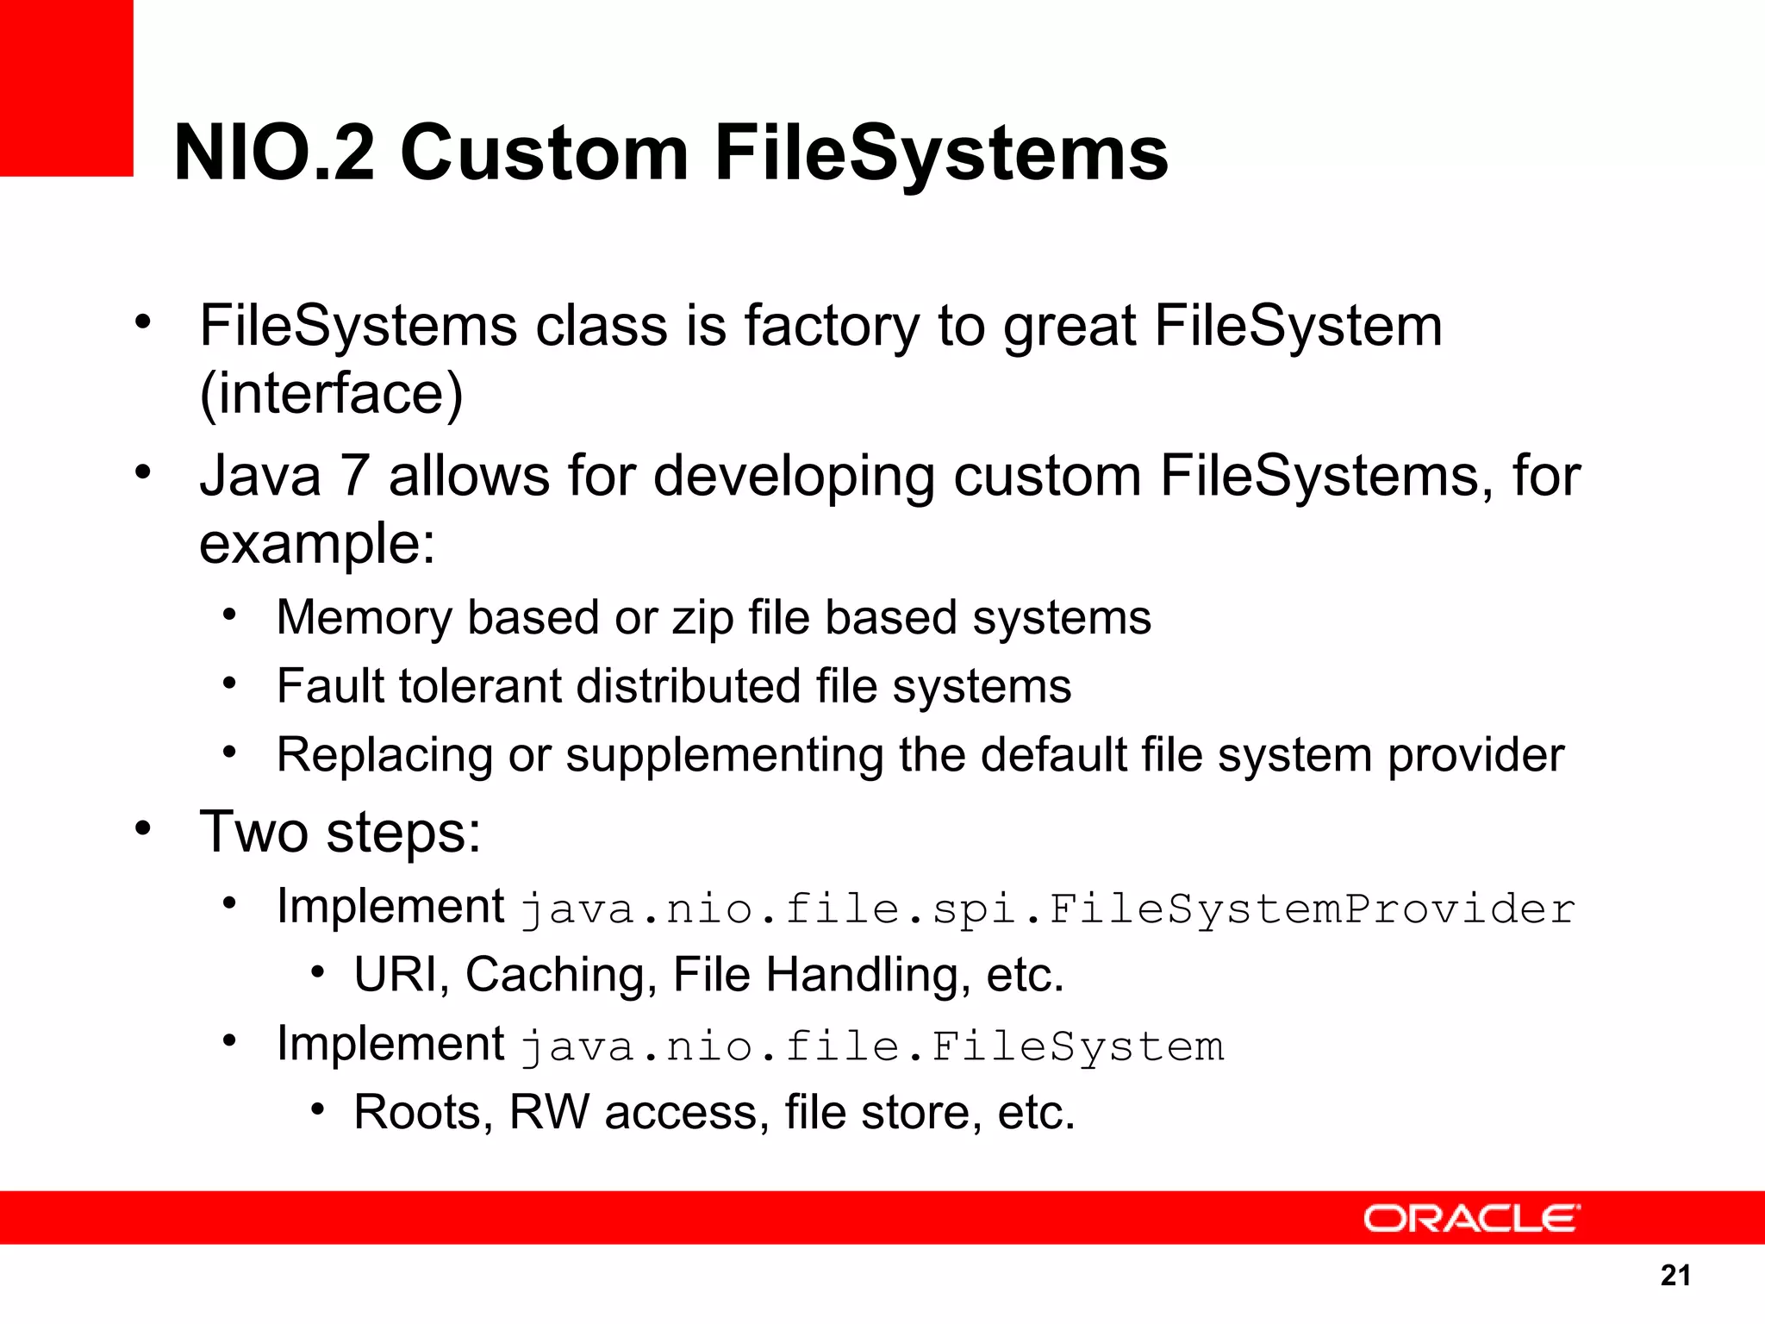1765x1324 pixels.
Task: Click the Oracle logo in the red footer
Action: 1471,1218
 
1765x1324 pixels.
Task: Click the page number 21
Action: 1675,1275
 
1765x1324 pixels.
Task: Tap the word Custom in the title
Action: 544,153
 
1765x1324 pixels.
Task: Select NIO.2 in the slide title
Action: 274,153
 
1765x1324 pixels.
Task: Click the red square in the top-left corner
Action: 66,87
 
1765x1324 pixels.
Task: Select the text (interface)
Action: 331,393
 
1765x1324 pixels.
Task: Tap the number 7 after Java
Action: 354,476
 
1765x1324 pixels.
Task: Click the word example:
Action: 317,544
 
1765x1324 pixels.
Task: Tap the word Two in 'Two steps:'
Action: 253,833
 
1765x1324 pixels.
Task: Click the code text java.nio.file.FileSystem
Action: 872,1046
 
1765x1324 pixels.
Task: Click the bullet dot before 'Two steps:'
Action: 143,828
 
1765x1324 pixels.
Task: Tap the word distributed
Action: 689,686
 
